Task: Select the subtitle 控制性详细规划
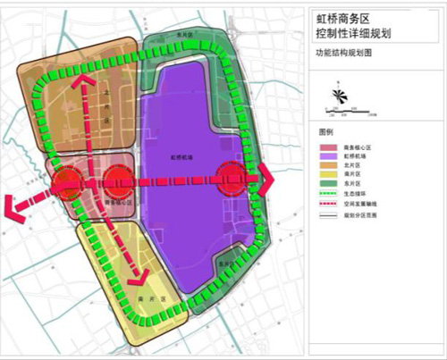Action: (x=353, y=33)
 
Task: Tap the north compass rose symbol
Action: (x=338, y=96)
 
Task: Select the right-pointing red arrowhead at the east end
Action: (x=266, y=180)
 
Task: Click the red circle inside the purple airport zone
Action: (x=234, y=180)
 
